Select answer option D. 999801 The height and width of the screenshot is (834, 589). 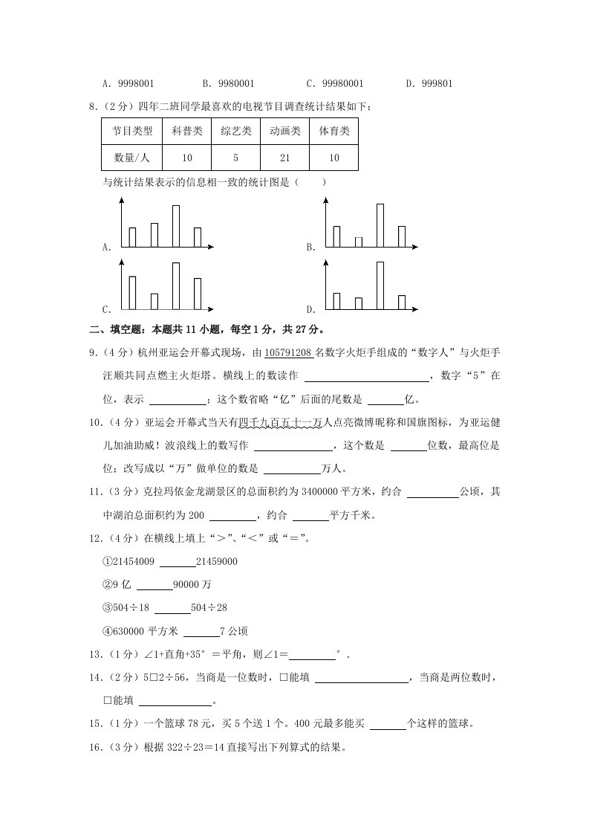(x=430, y=85)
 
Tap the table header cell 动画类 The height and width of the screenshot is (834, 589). (x=284, y=131)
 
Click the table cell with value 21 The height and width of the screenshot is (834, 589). (x=284, y=158)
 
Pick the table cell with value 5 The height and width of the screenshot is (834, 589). (x=235, y=158)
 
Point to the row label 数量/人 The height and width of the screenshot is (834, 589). (x=132, y=158)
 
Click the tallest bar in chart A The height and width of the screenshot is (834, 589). (x=176, y=225)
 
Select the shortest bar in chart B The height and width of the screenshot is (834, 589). (x=359, y=242)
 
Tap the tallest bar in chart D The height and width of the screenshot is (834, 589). (x=380, y=285)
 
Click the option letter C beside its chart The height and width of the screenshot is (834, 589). (x=106, y=309)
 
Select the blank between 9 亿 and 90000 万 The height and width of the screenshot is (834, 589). (x=154, y=585)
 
